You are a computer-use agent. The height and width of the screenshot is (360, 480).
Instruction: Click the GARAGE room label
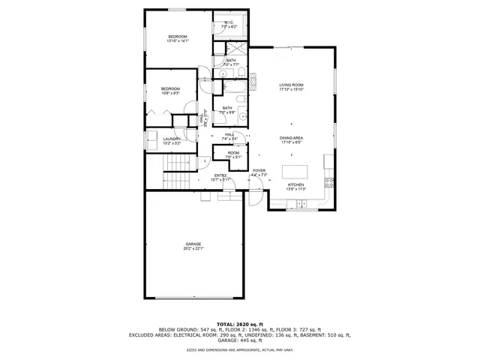coord(194,244)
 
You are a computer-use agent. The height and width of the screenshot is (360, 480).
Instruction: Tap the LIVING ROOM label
coord(290,85)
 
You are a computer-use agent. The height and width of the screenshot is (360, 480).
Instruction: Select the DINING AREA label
coord(290,138)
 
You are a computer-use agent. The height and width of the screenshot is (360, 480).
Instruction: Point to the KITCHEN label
coord(295,185)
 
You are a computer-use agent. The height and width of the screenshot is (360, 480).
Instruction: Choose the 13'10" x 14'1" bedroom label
coord(178,37)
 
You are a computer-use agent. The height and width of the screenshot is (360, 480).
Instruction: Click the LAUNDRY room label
coord(172,139)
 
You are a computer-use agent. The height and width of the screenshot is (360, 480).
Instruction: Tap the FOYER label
coord(259,171)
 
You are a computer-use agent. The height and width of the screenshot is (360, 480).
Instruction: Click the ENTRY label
coord(220,175)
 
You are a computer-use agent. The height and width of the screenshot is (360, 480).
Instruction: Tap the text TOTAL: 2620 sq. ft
coord(239,324)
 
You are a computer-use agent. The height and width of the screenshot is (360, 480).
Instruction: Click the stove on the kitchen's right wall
coord(328,181)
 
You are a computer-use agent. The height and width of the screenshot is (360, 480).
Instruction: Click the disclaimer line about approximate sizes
coord(239,349)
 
